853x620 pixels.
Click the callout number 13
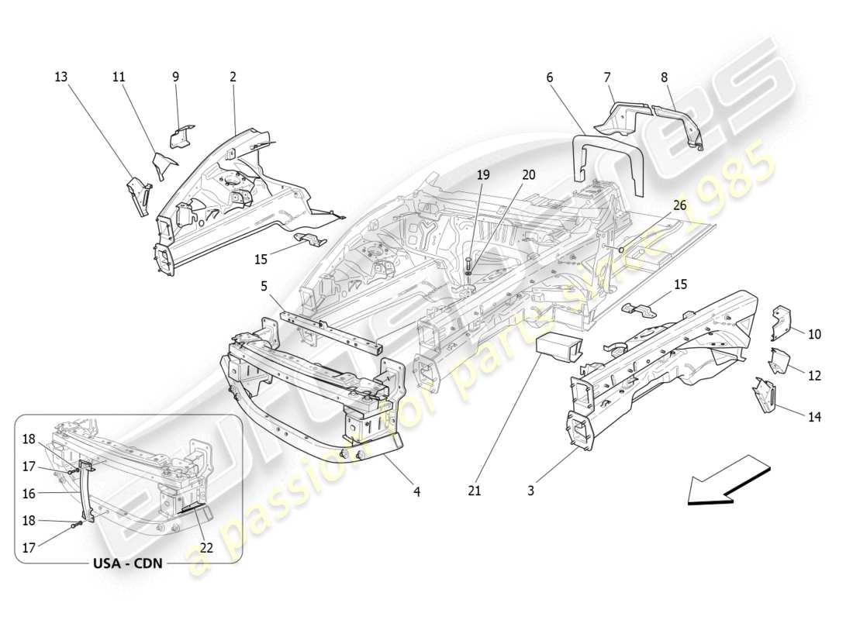pyautogui.click(x=60, y=77)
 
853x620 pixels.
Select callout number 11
pyautogui.click(x=119, y=77)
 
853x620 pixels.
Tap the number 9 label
pyautogui.click(x=175, y=77)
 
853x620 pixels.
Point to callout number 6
pyautogui.click(x=550, y=77)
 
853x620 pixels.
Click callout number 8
pyautogui.click(x=664, y=77)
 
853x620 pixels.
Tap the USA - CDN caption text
pyautogui.click(x=128, y=563)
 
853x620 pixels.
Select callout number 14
pyautogui.click(x=814, y=417)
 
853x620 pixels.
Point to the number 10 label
pyautogui.click(x=814, y=334)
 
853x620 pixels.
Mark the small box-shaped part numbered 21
pyautogui.click(x=556, y=349)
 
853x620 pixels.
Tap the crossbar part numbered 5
pyautogui.click(x=330, y=330)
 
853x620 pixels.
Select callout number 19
pyautogui.click(x=483, y=175)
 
